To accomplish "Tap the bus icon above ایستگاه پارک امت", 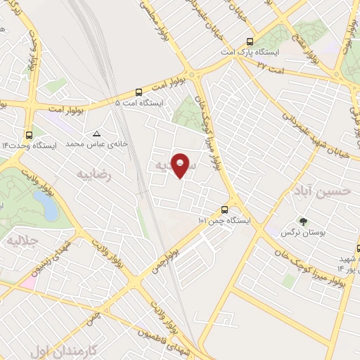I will click(x=250, y=42).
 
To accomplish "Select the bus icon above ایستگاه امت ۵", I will click(x=139, y=92).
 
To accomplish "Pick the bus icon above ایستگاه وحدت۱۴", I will click(x=29, y=134).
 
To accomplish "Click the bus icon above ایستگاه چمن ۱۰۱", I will click(x=224, y=210).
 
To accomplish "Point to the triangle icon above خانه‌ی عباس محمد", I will click(x=96, y=133).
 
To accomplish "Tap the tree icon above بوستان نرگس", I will click(x=303, y=221).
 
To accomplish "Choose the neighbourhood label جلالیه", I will click(x=21, y=241).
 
